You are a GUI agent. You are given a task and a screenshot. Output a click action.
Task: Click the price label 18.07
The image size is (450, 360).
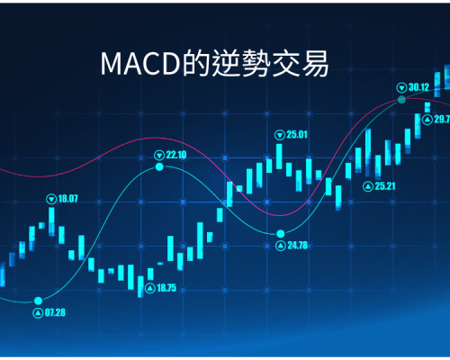[x=67, y=199]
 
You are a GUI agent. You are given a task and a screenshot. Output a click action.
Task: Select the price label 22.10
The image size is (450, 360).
[x=176, y=155]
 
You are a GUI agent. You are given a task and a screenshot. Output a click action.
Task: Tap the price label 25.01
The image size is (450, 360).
[x=297, y=134]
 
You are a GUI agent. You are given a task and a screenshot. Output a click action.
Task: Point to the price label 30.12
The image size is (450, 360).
[x=418, y=87]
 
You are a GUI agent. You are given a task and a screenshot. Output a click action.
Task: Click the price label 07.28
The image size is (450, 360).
[x=55, y=312]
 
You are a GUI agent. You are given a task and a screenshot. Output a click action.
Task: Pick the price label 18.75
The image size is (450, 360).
[x=166, y=288]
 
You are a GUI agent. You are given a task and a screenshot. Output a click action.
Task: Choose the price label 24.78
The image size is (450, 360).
[x=298, y=246]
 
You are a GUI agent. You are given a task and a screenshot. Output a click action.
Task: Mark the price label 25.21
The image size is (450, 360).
[x=385, y=186]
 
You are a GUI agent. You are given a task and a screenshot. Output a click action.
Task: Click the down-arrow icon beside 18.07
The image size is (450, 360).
[x=51, y=199]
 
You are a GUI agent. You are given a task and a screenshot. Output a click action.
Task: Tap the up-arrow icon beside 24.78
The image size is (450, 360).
[x=281, y=246]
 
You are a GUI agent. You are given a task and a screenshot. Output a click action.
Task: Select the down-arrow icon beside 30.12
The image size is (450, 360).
[x=401, y=88]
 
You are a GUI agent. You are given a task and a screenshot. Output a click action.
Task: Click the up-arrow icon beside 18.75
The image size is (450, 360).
[x=150, y=289]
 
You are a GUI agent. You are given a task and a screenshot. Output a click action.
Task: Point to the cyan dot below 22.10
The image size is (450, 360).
[x=159, y=166]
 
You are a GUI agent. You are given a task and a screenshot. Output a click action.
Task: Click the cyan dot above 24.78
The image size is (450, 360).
[x=281, y=233]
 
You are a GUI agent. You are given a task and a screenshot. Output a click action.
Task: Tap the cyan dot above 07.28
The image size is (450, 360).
[x=38, y=301]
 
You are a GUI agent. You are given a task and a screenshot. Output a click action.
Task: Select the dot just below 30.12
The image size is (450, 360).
[x=401, y=100]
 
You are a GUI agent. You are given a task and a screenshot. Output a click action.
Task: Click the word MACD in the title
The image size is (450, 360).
[x=140, y=64]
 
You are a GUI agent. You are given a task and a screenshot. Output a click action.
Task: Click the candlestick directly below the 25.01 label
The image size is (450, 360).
[x=279, y=157]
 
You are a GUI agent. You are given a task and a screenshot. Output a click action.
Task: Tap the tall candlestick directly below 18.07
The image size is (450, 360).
[x=51, y=221]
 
